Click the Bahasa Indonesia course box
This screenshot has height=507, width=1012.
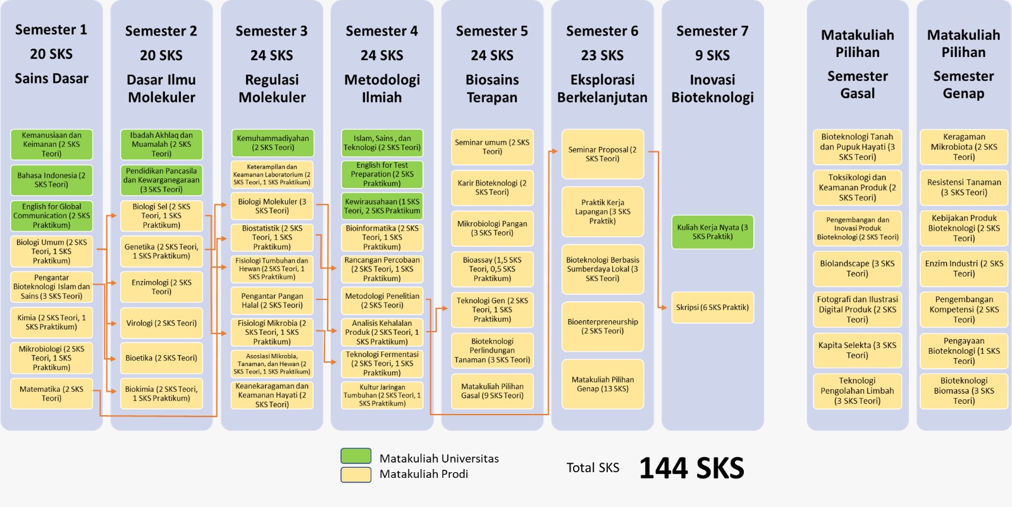coord(51,180)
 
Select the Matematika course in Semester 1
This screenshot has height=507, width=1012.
coord(51,394)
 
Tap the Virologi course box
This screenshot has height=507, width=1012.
coord(161,323)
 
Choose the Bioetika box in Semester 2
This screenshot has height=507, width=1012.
coord(161,358)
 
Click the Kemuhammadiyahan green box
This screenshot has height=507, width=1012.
coord(272,143)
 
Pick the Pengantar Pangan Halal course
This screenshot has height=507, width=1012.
coord(272,301)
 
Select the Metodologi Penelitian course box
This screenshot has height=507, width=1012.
coord(382,301)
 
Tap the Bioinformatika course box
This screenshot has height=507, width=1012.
coord(382,237)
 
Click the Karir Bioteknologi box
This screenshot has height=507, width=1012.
coord(492,187)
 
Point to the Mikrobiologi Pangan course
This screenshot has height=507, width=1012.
coord(492,228)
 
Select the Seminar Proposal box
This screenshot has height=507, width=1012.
coord(602,154)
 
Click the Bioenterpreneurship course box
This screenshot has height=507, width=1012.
coord(602,326)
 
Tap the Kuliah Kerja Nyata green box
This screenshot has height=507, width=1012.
coord(712,232)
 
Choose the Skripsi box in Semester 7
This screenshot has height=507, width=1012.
coord(712,307)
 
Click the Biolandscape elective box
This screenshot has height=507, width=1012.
coord(857,268)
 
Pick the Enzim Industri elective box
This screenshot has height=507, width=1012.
coord(964,268)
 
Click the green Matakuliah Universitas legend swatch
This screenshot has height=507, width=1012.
coord(355,456)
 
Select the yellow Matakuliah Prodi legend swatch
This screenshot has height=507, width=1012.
coord(355,474)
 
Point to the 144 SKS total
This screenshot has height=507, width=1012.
coord(691,468)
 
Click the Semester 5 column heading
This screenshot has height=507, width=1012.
coord(492,31)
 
